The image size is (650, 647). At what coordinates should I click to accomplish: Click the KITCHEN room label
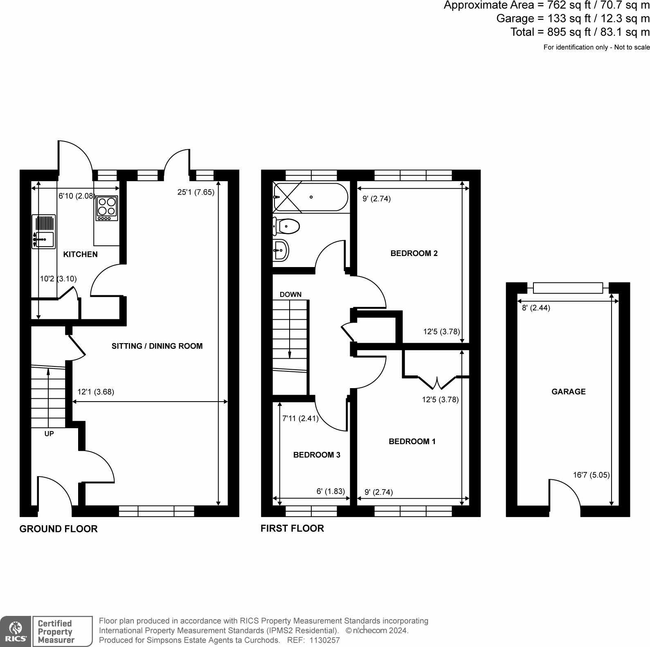[x=80, y=254]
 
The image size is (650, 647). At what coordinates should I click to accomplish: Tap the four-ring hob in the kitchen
[x=107, y=208]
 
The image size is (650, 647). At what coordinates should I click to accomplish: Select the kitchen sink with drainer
[x=44, y=232]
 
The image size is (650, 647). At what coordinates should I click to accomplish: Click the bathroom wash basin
[x=281, y=249]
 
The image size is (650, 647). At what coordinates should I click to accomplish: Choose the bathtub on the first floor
[x=310, y=197]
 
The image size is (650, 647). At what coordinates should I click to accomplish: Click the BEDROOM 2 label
[x=414, y=254]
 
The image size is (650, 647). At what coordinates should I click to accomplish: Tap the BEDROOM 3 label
[x=317, y=455]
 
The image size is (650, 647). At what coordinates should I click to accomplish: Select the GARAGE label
[x=568, y=392]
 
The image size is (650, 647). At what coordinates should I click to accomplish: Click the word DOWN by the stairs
[x=290, y=294]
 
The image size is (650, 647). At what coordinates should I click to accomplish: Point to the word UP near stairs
[x=49, y=434]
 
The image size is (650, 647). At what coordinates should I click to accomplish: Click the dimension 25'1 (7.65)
[x=196, y=192]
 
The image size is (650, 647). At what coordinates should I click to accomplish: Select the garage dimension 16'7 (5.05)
[x=591, y=475]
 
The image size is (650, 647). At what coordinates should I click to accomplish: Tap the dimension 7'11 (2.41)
[x=300, y=418]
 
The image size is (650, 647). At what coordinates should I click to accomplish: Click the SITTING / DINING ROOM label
[x=157, y=346]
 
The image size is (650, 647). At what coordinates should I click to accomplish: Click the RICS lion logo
[x=15, y=631]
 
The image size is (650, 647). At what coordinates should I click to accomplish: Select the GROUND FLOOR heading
[x=58, y=529]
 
